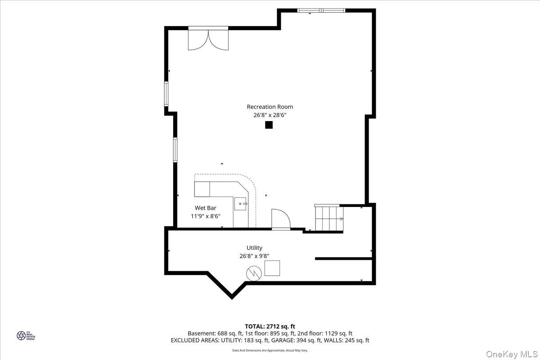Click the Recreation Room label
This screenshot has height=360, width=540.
coord(270,107)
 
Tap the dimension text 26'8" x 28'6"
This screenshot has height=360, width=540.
coord(270,115)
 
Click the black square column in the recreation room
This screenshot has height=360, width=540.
coord(269,125)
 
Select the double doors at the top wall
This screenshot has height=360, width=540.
coord(208,39)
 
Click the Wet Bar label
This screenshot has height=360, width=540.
coord(205,208)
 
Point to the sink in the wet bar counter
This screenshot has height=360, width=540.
coord(241,204)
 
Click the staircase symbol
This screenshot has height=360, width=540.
coord(329,218)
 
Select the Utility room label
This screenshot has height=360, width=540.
coord(254,247)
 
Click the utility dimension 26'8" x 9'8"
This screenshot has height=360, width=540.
coord(254,256)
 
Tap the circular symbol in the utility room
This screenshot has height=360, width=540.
coord(253,273)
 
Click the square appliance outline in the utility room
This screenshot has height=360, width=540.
coord(272,268)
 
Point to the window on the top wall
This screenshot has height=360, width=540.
coord(321,10)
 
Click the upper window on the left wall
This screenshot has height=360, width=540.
coord(166,94)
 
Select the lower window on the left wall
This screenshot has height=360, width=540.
coord(175,149)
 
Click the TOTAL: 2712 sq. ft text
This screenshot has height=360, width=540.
coord(270,326)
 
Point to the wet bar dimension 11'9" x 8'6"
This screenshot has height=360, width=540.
coord(205,216)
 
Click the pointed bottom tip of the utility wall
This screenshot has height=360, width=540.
coord(232,297)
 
